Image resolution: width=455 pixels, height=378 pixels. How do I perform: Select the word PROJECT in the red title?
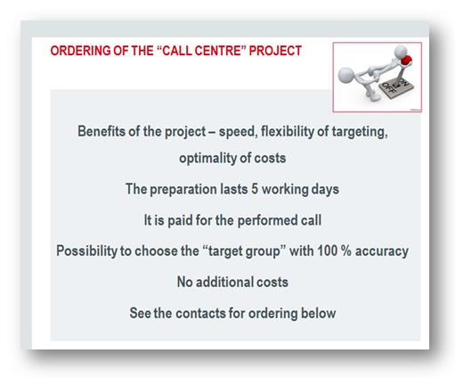[x=275, y=51]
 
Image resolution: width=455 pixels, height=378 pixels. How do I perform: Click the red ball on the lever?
[x=406, y=60]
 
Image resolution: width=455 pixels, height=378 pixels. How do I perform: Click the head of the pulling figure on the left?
[x=346, y=76]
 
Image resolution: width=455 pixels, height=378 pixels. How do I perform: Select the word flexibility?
[x=287, y=131]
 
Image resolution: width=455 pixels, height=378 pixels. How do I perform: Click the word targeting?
[x=360, y=132]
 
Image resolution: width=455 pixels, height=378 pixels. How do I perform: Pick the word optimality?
[x=207, y=158]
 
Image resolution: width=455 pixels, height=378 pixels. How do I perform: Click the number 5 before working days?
[x=255, y=189]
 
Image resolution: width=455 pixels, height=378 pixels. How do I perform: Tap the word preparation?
[x=183, y=190]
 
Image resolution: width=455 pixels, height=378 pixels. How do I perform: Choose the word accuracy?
[x=382, y=251]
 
